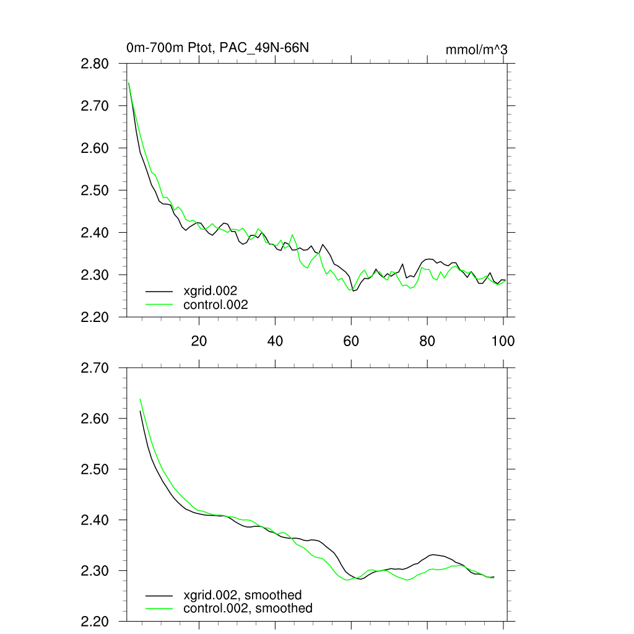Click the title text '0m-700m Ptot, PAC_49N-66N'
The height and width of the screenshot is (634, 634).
click(x=217, y=48)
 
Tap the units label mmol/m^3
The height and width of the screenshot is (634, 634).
click(x=476, y=50)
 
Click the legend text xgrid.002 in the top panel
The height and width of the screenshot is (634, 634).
click(x=211, y=290)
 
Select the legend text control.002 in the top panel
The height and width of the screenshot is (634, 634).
click(x=215, y=305)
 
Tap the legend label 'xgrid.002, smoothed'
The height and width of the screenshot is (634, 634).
click(x=243, y=595)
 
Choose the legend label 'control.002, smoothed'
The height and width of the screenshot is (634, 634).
click(x=248, y=609)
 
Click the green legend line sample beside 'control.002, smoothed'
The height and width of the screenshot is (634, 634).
click(x=159, y=609)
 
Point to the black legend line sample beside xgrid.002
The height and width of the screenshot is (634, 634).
click(x=159, y=290)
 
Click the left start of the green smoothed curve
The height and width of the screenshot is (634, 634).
click(x=141, y=399)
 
